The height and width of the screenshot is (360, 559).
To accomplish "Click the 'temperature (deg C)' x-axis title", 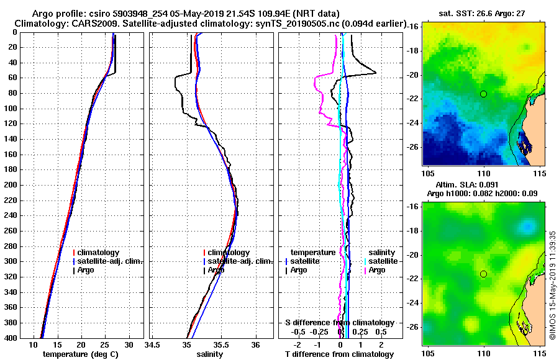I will [80, 354].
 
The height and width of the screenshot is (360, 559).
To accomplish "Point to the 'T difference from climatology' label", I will [339, 354].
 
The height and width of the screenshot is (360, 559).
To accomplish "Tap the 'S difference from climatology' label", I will [339, 323].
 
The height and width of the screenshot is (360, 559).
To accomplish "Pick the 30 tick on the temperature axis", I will [129, 344].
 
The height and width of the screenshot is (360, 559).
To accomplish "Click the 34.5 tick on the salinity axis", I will [152, 344].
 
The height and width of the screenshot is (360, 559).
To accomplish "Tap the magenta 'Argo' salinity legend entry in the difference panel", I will [377, 270].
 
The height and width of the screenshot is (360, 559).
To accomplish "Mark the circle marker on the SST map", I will [483, 94].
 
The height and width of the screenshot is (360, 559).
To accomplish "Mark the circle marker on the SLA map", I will [483, 274].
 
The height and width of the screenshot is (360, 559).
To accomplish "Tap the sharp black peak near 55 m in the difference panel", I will [375, 73].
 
